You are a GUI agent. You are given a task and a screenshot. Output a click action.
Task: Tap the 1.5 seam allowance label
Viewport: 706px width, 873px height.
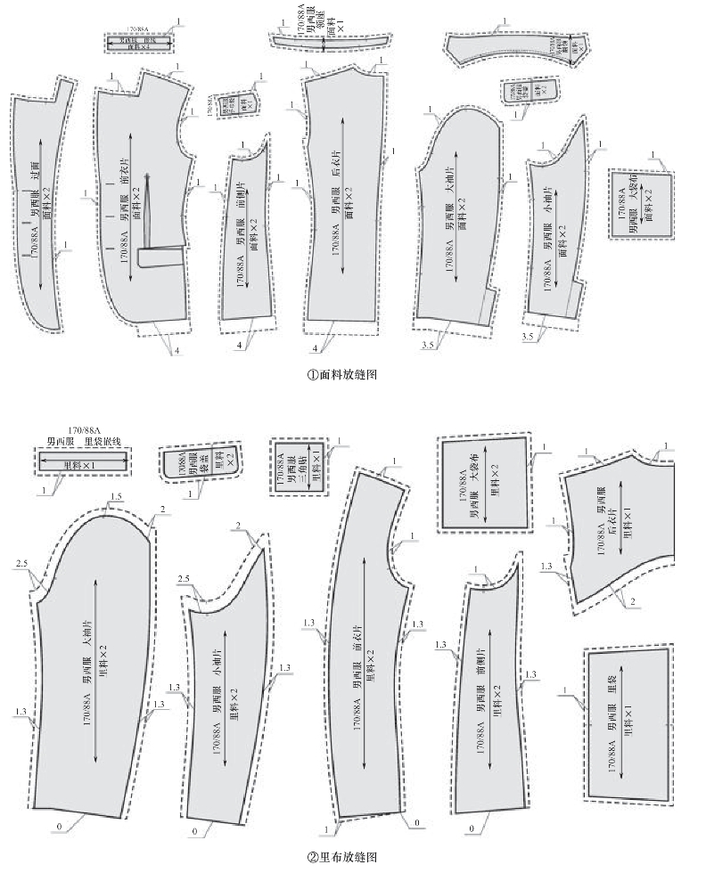[x=116, y=496]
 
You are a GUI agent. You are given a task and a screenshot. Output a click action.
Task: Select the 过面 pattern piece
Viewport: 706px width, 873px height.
[x=40, y=205]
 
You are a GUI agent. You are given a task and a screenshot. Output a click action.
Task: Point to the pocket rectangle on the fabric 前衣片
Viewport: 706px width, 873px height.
[x=161, y=257]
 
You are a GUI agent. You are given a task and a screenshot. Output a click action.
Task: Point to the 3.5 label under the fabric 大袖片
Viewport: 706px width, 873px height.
[x=429, y=343]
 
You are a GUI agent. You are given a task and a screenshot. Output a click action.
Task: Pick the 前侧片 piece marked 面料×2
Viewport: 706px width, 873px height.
[x=247, y=236]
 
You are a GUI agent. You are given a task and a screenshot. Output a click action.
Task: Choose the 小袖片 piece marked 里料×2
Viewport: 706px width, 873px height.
[x=227, y=695]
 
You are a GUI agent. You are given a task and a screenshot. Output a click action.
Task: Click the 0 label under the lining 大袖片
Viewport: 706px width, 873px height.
[x=58, y=828]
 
